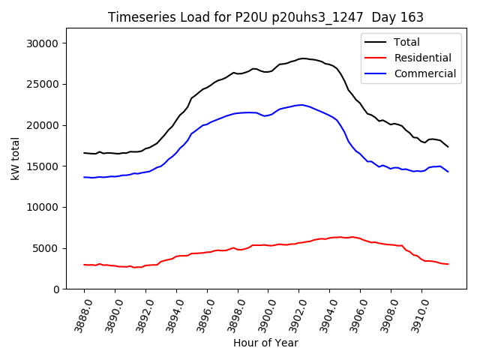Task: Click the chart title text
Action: click(265, 17)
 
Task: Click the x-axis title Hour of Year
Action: click(265, 343)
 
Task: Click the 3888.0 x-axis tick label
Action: click(78, 313)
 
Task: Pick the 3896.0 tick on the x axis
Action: click(201, 313)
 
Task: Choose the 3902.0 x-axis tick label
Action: click(293, 313)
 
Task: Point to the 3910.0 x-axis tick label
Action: click(415, 313)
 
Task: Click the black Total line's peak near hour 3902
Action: click(302, 58)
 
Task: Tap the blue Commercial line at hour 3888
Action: click(85, 177)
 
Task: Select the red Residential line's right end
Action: click(448, 264)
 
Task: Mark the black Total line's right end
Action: click(448, 146)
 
